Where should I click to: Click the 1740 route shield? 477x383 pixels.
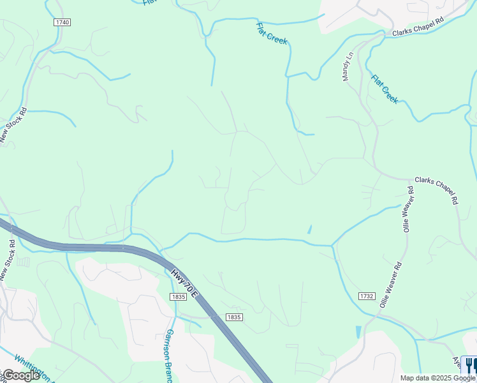(x=62, y=22)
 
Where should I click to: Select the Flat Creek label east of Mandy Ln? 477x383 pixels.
(x=385, y=89)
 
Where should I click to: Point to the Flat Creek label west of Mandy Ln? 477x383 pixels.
(x=272, y=33)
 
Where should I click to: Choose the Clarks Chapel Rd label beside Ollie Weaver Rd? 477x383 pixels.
(x=437, y=190)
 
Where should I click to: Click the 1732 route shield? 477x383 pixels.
(x=366, y=296)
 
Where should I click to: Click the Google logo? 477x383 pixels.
(x=20, y=375)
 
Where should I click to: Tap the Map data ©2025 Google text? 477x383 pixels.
(x=437, y=378)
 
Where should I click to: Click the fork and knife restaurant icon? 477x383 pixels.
(x=469, y=364)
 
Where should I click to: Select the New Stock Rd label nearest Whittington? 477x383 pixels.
(x=8, y=260)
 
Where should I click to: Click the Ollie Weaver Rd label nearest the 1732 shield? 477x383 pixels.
(x=390, y=285)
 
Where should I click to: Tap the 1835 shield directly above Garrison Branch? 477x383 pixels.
(x=178, y=297)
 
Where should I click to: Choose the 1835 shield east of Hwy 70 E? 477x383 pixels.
(x=234, y=317)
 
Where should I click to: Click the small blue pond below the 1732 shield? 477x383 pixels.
(x=358, y=332)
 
